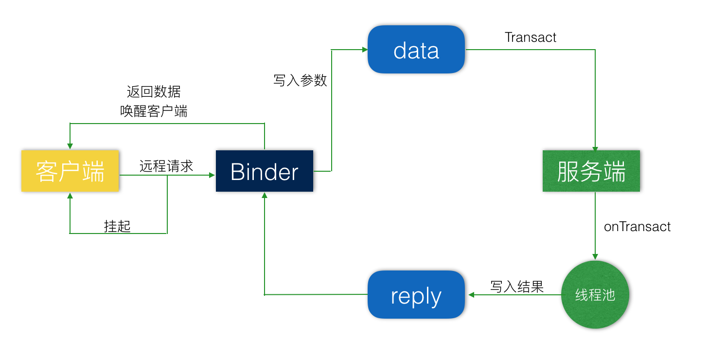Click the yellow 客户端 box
point(70,171)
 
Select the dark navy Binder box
point(265,171)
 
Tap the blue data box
point(416,50)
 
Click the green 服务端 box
point(591,171)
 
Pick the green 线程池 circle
point(595,295)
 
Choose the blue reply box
point(416,295)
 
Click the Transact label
point(531,37)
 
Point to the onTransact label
point(637,227)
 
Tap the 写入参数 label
point(300,80)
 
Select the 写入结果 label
point(516,287)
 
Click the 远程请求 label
point(166,166)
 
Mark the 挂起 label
point(117,226)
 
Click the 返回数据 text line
point(154,91)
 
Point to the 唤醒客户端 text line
point(154,111)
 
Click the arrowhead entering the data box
point(365,50)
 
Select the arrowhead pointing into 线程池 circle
point(595,257)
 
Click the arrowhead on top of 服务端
point(595,148)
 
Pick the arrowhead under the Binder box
point(265,195)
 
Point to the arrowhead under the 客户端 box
point(70,195)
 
